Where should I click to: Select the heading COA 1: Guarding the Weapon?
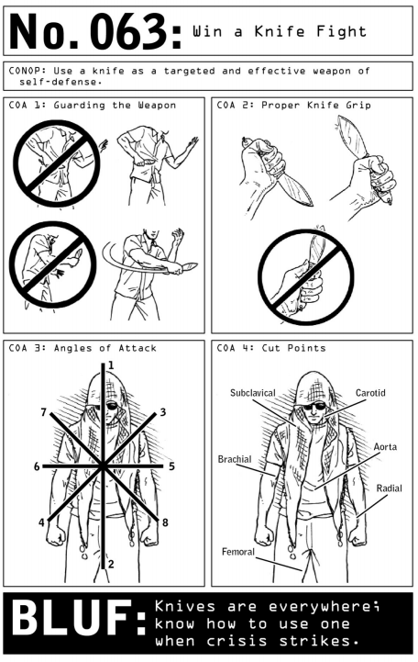(93, 105)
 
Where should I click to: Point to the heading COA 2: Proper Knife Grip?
(293, 105)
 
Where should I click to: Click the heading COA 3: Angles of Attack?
(82, 348)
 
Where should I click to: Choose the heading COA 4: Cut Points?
(271, 348)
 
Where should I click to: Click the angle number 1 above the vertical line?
(111, 365)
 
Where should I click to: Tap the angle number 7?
(43, 412)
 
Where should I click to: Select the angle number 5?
(172, 466)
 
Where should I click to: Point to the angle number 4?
(41, 522)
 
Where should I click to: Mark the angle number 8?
(165, 522)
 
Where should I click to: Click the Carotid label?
(370, 393)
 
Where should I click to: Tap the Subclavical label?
(252, 393)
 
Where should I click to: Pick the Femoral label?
(238, 552)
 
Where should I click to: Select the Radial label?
(389, 488)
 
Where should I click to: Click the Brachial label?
(235, 459)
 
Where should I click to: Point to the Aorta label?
(385, 446)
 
